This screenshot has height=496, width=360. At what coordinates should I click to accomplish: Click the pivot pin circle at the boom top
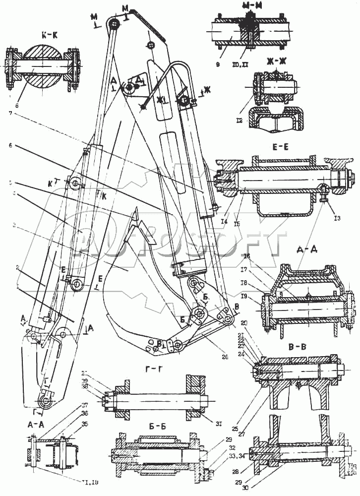(114, 23)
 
